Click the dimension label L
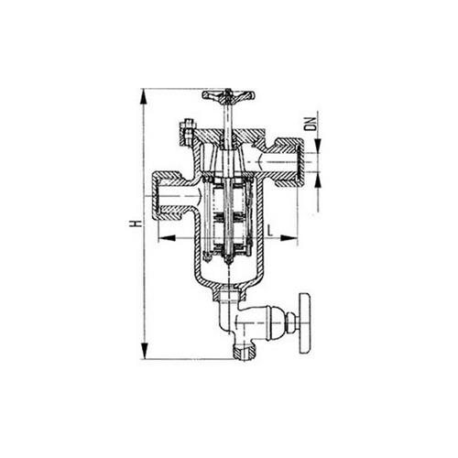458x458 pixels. (x=270, y=230)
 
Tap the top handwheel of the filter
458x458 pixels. (x=229, y=95)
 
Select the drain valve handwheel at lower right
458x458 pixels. (x=305, y=323)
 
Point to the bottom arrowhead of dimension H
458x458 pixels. (x=144, y=351)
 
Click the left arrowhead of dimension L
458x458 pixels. (x=167, y=238)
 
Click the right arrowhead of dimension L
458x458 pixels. (x=289, y=238)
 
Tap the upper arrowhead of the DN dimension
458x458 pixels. (x=318, y=146)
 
